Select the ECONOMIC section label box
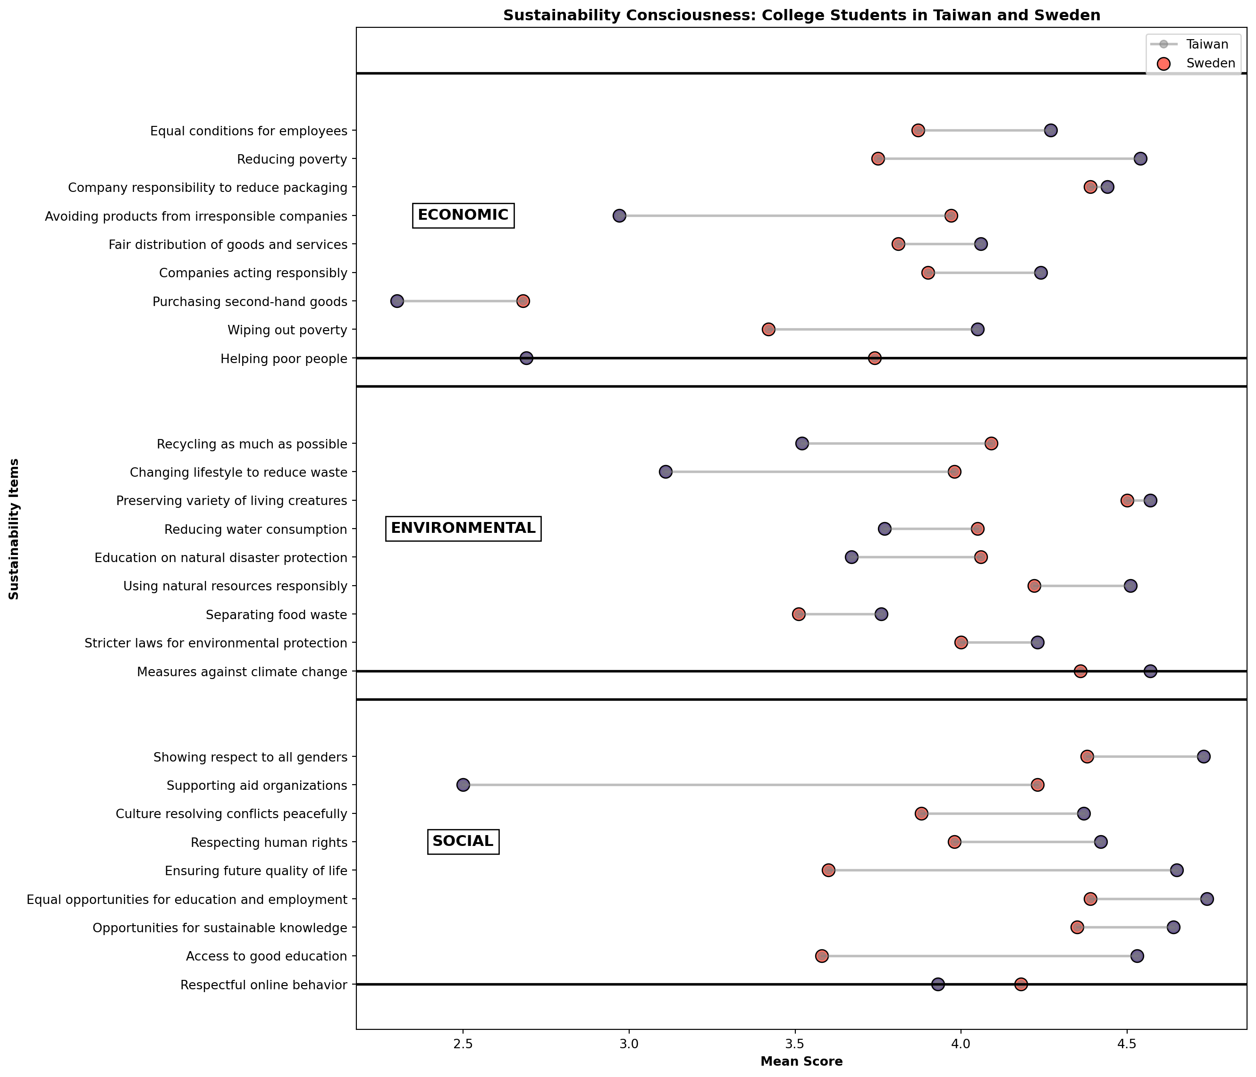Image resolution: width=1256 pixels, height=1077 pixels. pos(463,215)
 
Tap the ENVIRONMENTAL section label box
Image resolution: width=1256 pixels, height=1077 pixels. pos(463,528)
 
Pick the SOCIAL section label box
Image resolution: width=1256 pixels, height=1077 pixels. pos(463,841)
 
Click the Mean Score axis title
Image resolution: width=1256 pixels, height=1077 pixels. pos(801,1062)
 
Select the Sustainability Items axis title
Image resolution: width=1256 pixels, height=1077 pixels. pos(14,529)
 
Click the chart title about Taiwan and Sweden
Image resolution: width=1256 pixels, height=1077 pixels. pos(801,16)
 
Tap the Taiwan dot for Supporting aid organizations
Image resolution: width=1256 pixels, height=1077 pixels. pos(463,785)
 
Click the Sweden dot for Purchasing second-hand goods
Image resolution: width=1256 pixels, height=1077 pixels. pos(523,301)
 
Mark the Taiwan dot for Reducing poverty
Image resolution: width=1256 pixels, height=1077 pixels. pos(1140,159)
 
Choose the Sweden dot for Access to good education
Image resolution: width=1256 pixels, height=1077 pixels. pos(821,956)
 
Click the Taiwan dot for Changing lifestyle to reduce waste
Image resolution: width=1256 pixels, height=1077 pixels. pos(666,472)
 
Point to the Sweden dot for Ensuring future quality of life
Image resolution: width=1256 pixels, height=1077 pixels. pos(828,870)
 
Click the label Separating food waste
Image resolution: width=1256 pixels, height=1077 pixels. pos(277,615)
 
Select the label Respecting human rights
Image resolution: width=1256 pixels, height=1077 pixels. pos(269,843)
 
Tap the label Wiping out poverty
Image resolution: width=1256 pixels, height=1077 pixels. pos(287,330)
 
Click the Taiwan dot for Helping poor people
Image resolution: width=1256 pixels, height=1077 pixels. pos(526,358)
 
